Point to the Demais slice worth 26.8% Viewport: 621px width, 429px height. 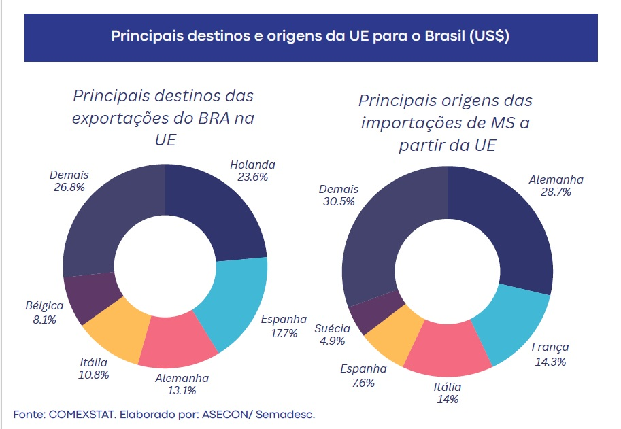coord(109,218)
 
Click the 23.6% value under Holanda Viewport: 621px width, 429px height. coord(252,177)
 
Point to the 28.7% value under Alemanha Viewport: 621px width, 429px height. coord(556,192)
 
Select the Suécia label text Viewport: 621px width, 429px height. coord(333,329)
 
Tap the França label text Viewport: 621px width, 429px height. coord(550,347)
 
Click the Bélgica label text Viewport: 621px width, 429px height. coord(45,306)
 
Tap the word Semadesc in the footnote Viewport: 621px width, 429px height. coord(288,414)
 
